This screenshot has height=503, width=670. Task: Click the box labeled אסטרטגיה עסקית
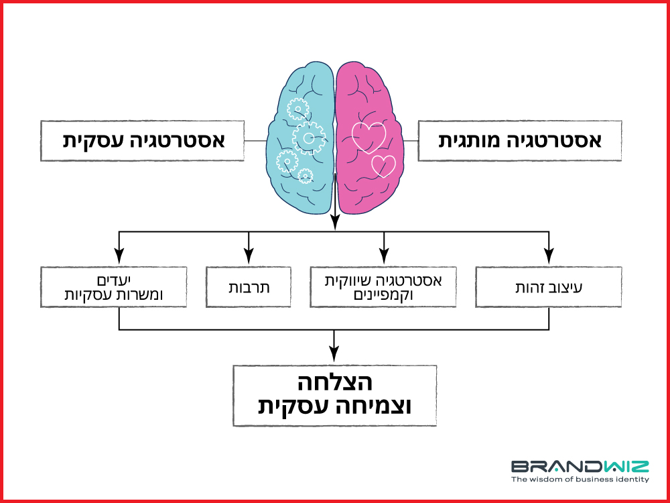pos(142,141)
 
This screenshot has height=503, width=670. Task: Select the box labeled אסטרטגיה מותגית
pos(520,141)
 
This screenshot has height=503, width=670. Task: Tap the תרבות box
pos(249,287)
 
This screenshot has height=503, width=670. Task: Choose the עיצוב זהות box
pos(549,287)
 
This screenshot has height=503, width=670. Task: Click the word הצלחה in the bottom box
pos(335,383)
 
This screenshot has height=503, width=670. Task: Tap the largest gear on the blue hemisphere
pos(308,137)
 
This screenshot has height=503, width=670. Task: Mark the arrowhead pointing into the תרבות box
pos(249,257)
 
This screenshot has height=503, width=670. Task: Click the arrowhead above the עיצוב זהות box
pos(549,257)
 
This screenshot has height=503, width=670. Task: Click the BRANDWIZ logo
pos(580,466)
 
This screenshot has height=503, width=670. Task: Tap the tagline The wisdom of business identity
pos(580,480)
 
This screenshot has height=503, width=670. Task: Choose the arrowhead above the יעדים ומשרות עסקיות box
pos(119,257)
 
